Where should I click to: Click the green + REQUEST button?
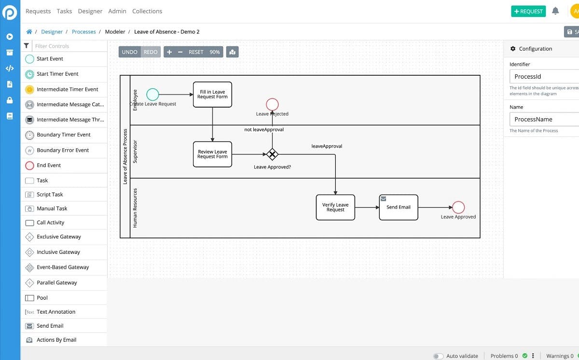point(528,11)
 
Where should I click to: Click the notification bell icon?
point(555,11)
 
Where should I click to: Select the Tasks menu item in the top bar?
point(64,11)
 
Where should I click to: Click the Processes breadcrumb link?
point(83,32)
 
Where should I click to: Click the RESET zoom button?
point(196,52)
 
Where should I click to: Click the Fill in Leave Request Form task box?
point(212,94)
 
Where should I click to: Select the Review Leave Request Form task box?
point(212,154)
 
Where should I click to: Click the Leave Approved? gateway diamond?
point(272,154)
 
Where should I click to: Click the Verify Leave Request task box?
point(335,208)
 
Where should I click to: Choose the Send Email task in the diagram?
point(399,208)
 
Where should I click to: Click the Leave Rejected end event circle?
point(272,104)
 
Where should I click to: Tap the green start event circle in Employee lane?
point(152,94)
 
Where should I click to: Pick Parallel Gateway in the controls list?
point(56,283)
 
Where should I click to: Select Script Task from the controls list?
point(50,194)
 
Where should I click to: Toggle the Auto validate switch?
point(438,356)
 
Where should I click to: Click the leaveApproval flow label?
point(327,146)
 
